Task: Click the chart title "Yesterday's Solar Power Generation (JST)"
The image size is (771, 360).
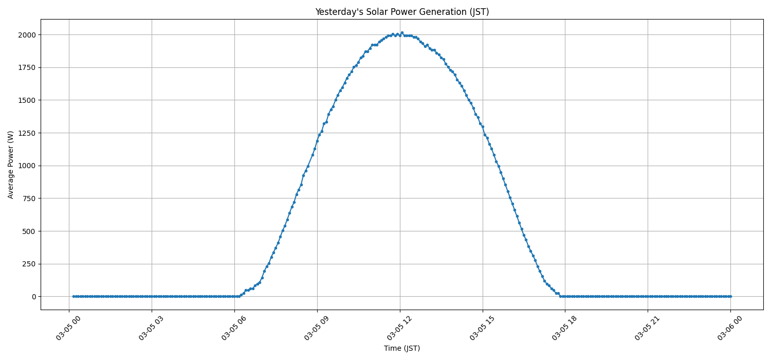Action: coord(401,12)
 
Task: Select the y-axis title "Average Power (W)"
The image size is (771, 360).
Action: coord(11,165)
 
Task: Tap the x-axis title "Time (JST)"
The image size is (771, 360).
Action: coord(401,348)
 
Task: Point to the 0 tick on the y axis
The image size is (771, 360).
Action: coord(33,297)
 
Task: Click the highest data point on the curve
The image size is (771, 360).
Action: coord(402,33)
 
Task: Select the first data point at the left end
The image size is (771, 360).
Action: coord(74,296)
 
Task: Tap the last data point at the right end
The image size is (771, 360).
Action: coord(730,296)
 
